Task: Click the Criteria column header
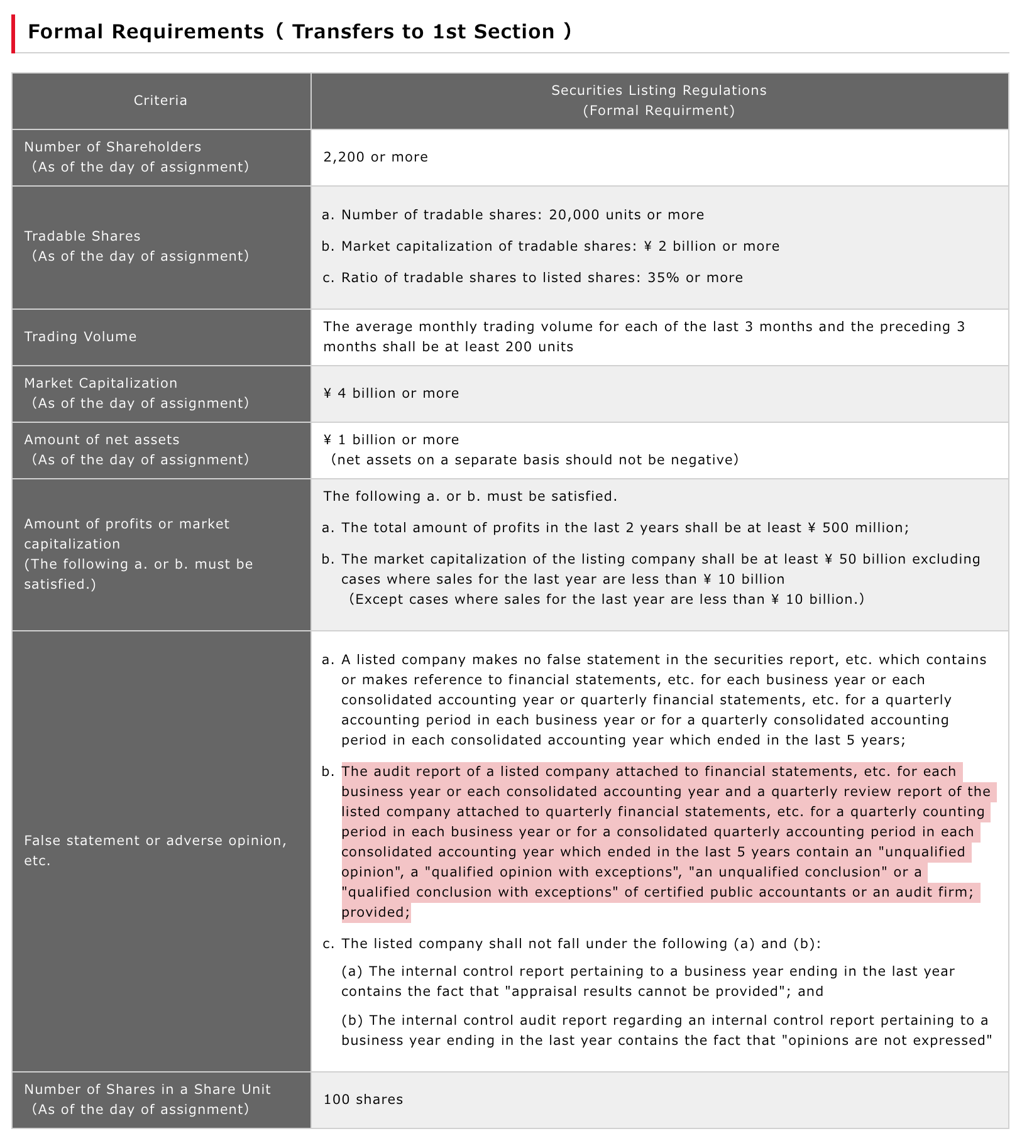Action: click(x=160, y=101)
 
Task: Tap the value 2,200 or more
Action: click(x=375, y=157)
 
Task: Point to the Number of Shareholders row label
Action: click(x=113, y=147)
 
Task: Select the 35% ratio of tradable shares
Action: click(x=664, y=278)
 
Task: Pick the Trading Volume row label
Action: click(x=80, y=337)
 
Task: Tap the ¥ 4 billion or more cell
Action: click(x=391, y=393)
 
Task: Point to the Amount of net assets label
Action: click(x=102, y=440)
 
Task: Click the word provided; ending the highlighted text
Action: click(x=375, y=912)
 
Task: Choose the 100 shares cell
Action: click(x=363, y=1100)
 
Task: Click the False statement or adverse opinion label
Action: click(x=155, y=841)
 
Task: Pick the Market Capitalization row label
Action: click(x=101, y=383)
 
